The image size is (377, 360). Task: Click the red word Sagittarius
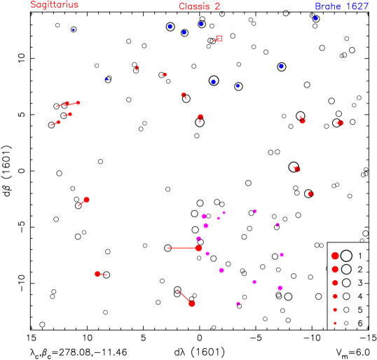point(55,5)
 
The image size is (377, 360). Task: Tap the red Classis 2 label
point(199,7)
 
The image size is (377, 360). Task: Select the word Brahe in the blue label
point(327,6)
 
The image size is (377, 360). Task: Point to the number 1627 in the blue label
point(357,6)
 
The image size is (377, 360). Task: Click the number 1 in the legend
point(360,256)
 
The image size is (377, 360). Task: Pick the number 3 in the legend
point(360,283)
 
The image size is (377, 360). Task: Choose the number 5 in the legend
point(360,310)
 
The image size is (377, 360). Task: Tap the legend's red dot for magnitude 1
point(335,256)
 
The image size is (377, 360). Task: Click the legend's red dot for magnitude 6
point(335,323)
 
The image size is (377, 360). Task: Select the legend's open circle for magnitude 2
point(346,270)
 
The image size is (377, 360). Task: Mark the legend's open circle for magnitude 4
point(346,296)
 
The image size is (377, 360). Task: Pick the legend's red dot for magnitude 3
point(335,283)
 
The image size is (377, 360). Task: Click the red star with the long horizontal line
point(198,248)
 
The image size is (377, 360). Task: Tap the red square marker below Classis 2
point(219,39)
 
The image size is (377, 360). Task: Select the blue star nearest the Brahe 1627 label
point(315,18)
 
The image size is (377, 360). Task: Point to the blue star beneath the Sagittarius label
point(73,29)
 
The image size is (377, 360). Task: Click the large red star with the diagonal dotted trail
point(192,303)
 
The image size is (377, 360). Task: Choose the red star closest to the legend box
point(310,194)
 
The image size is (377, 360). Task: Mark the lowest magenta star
point(238,303)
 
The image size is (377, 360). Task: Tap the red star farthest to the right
point(340,123)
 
